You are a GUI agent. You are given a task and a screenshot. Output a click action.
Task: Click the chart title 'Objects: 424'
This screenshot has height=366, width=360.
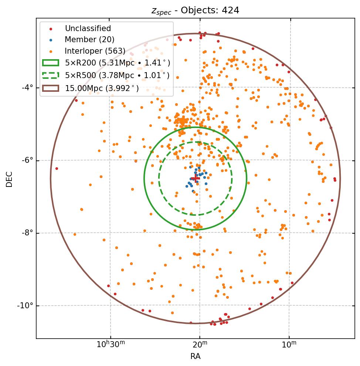(x=196, y=10)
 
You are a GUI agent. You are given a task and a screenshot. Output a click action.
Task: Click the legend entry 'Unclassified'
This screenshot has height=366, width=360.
(x=88, y=28)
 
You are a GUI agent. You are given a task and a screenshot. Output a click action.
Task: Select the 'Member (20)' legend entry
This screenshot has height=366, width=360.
(x=89, y=40)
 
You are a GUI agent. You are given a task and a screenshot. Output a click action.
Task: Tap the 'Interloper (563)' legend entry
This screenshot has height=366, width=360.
(x=95, y=51)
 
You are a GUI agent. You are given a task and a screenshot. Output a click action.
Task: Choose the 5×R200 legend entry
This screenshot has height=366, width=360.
(x=118, y=63)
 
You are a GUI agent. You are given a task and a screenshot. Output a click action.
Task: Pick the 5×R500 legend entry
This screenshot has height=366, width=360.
(x=117, y=75)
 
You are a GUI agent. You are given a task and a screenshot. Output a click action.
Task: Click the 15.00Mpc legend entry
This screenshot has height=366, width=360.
(x=102, y=88)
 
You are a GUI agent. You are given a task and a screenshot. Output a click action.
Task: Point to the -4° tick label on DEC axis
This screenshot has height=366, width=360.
(x=27, y=88)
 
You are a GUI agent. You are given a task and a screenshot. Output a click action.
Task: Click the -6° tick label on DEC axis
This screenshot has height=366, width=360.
(x=27, y=160)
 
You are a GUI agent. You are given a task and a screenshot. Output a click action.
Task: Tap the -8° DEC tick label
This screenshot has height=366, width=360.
(x=27, y=233)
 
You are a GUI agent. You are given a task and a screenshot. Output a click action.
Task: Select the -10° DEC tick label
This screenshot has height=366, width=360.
(x=26, y=306)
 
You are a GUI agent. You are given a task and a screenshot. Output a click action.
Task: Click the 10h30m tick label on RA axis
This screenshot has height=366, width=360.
(x=111, y=345)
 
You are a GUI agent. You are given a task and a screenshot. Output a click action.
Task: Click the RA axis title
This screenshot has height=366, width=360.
(x=196, y=356)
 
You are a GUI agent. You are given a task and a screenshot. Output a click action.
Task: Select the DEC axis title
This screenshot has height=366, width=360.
(x=9, y=179)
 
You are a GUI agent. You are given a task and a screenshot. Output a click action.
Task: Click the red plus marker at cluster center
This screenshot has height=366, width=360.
(x=196, y=179)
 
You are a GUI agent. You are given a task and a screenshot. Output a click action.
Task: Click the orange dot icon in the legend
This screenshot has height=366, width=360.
(x=51, y=51)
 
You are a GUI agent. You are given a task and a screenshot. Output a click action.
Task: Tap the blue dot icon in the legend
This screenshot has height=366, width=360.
(x=51, y=40)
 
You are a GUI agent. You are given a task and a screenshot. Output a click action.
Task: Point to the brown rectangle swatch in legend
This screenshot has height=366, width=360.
(x=51, y=88)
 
